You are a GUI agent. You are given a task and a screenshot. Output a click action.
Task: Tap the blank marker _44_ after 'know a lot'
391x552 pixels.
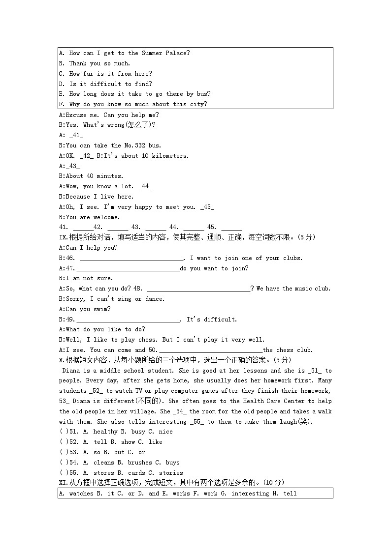click(145, 186)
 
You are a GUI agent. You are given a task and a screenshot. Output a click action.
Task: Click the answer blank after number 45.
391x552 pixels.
click(231, 227)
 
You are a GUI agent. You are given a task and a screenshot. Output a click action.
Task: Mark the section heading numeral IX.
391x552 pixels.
click(62, 237)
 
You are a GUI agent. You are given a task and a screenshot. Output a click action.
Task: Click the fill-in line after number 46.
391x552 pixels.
click(131, 259)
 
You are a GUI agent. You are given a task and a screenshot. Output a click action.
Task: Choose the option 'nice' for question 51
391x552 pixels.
click(166, 432)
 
